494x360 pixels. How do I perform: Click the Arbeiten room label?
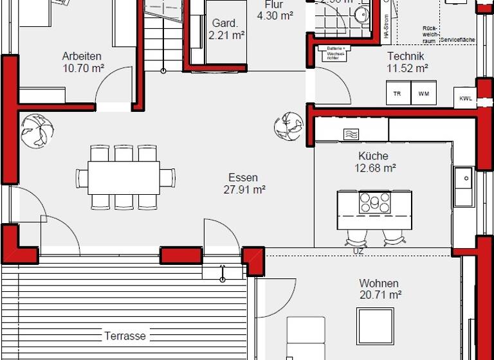[82, 56]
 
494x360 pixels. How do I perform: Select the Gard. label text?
[224, 23]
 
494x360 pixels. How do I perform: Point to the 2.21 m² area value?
[225, 36]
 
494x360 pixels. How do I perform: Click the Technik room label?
[405, 56]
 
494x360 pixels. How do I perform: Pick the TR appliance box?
[397, 93]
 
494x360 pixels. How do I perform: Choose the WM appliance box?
[423, 93]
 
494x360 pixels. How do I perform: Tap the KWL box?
[464, 98]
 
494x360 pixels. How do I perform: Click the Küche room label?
[373, 156]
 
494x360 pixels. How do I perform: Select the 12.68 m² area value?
[374, 168]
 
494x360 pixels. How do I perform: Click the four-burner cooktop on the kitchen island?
[374, 203]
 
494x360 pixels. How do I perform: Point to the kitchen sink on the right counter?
[462, 187]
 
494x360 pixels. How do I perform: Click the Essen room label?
[243, 177]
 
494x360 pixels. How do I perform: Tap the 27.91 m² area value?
[243, 190]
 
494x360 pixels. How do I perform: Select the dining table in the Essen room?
[123, 176]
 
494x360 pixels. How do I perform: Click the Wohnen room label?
[379, 283]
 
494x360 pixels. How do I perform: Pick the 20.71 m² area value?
[380, 296]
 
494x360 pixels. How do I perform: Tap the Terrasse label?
[125, 336]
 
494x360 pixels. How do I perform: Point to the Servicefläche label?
[458, 40]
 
